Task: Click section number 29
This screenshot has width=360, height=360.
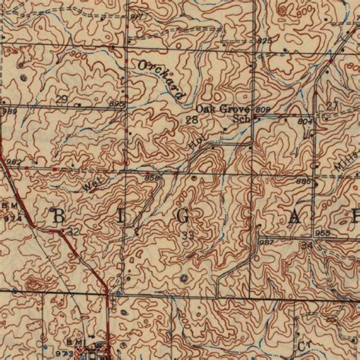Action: [62, 99]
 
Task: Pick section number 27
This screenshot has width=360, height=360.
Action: [331, 106]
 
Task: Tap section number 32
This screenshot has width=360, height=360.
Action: [73, 231]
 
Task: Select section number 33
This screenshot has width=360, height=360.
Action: [188, 235]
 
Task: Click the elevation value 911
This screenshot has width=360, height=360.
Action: [136, 15]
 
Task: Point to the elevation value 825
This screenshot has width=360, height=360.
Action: [264, 39]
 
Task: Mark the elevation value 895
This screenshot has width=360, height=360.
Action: [116, 103]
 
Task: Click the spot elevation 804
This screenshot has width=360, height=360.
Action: [305, 120]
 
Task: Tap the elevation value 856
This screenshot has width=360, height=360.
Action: [151, 177]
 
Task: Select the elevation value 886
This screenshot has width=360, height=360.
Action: [302, 182]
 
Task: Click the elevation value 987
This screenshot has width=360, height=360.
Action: [267, 242]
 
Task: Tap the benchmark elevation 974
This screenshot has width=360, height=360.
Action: [11, 215]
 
